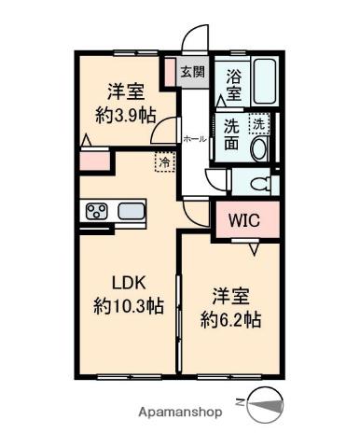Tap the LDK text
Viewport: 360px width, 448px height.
tap(131, 283)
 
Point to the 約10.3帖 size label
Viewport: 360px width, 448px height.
tap(131, 305)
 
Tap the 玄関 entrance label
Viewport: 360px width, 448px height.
tap(191, 71)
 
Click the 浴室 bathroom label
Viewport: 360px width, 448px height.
tap(234, 86)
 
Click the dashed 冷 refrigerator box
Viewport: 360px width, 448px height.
tap(164, 161)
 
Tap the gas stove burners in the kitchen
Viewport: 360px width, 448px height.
tap(97, 211)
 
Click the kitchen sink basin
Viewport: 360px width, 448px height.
tap(130, 210)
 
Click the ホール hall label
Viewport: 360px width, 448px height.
tap(195, 139)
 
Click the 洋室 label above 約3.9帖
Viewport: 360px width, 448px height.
tap(123, 91)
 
